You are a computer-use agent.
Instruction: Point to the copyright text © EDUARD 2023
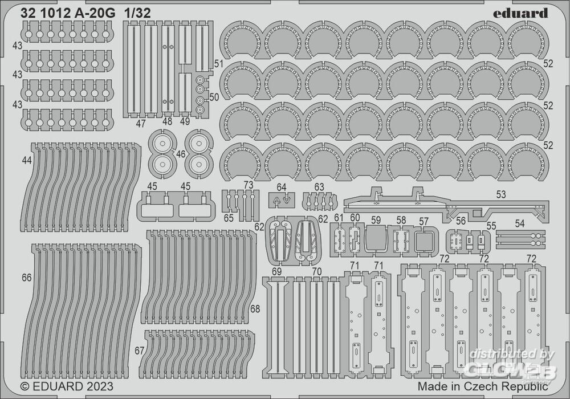(67, 386)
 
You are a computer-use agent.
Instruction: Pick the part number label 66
(26, 278)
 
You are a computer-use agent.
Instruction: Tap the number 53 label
(500, 195)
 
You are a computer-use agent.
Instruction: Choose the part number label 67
(140, 349)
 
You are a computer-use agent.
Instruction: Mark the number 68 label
(255, 309)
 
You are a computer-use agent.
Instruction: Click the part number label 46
(181, 154)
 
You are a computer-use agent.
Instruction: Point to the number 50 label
(214, 97)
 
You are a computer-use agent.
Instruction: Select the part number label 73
(248, 185)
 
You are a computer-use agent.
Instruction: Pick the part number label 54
(519, 224)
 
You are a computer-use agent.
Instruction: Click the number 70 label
(317, 271)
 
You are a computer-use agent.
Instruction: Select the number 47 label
(141, 121)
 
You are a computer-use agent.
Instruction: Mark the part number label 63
(319, 187)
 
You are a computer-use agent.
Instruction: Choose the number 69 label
(276, 271)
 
